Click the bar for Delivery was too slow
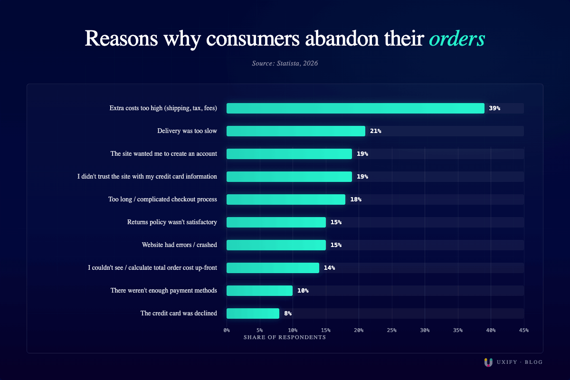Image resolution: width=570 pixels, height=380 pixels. tap(295, 131)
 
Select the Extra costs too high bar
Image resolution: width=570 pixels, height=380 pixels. tap(355, 108)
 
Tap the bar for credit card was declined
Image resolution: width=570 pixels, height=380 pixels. tap(253, 313)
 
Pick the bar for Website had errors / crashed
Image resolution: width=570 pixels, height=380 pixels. tap(276, 245)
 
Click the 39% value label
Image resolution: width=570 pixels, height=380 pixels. tap(494, 108)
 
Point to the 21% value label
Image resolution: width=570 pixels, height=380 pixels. tap(375, 131)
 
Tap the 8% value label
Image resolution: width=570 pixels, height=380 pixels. tap(288, 313)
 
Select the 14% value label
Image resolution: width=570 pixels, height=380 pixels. tap(329, 268)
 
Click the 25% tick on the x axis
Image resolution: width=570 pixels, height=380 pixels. tap(392, 330)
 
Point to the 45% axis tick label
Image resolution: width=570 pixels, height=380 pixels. tap(523, 330)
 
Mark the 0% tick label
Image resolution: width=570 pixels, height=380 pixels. tap(227, 330)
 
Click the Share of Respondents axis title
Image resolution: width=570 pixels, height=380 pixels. tap(285, 337)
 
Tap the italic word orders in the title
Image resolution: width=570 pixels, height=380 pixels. tap(456, 39)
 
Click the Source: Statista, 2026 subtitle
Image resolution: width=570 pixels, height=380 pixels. tap(285, 63)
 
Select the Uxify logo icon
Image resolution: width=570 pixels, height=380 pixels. tap(488, 362)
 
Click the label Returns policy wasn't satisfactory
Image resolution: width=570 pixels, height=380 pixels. tap(172, 222)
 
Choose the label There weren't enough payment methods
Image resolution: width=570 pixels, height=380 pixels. tap(164, 291)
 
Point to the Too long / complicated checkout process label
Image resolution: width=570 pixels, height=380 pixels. tap(162, 199)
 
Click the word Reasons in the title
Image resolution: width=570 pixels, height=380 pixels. tap(121, 39)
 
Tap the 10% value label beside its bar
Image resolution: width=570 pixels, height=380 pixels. tap(303, 291)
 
